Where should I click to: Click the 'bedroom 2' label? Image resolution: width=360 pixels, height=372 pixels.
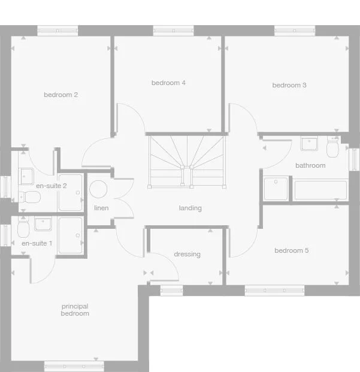[x=60, y=95]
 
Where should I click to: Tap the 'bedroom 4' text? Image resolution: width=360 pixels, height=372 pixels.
[x=168, y=83]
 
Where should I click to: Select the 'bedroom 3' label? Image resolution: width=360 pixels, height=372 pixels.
[x=289, y=85]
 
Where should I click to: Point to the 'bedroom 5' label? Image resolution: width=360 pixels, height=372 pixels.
[x=292, y=250]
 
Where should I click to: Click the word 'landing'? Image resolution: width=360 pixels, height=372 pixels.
[x=190, y=208]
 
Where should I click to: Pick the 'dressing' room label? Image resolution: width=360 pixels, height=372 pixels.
[x=187, y=254]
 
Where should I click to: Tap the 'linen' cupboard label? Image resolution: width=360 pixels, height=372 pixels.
[x=101, y=208]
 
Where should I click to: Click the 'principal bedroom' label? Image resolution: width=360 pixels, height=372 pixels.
[x=75, y=310]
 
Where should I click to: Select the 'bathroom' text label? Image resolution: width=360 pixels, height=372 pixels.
[x=310, y=165]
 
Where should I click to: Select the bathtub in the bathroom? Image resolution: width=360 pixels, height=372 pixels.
[x=321, y=189]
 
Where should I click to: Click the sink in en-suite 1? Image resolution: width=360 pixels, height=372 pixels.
[x=43, y=224]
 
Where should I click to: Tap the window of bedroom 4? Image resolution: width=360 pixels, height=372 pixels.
[x=173, y=30]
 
